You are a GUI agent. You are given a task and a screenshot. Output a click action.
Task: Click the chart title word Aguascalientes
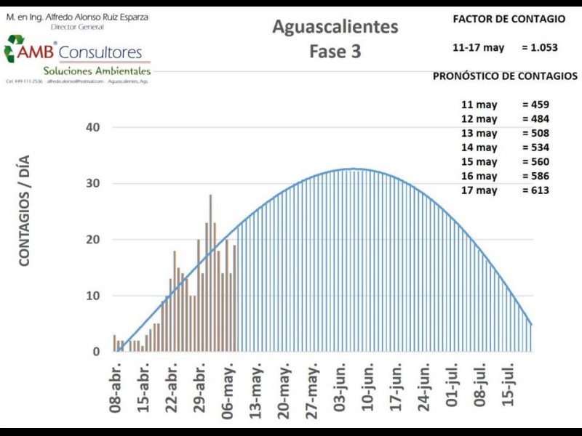[335, 27]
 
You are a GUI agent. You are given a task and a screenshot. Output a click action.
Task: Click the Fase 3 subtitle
[335, 52]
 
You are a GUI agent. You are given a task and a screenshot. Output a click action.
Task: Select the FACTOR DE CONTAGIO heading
[509, 19]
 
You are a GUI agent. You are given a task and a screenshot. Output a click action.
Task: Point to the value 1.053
[540, 47]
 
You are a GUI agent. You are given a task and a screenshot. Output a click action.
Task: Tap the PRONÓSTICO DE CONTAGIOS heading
[506, 76]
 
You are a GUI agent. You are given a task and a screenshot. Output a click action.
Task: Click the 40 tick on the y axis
[93, 127]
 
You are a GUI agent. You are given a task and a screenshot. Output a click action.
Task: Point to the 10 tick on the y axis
[93, 296]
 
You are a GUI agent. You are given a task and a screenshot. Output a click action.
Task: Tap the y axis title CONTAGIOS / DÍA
[25, 210]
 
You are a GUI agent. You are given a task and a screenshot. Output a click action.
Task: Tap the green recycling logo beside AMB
[14, 49]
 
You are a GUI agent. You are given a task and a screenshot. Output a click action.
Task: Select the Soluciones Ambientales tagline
[97, 71]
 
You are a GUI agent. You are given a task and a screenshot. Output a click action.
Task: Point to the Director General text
[77, 27]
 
